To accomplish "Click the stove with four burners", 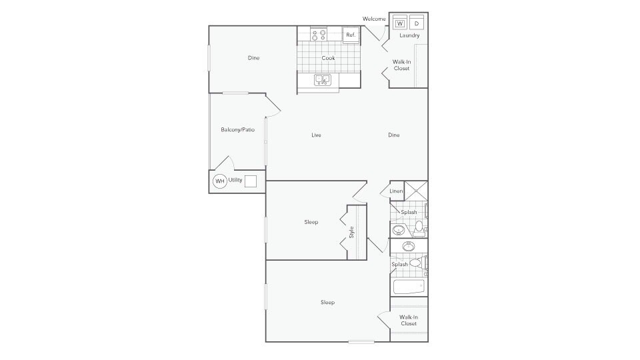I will click(319, 33).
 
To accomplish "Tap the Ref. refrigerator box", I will click(351, 35).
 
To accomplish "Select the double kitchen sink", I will click(323, 80).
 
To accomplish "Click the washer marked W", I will click(400, 23).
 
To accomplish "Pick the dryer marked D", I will click(417, 23).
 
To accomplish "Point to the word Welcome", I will click(374, 19).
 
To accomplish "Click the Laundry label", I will click(409, 35).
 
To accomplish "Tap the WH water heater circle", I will click(219, 181).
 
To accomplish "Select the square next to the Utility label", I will click(251, 181).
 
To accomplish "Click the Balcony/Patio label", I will click(237, 129).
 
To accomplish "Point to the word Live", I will click(316, 135).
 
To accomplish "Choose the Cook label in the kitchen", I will click(328, 58).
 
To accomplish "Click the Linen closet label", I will click(396, 191).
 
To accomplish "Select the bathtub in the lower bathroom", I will click(408, 287).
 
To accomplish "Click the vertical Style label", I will click(351, 233).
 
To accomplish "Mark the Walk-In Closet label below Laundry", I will click(401, 65).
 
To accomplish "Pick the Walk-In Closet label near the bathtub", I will click(408, 320).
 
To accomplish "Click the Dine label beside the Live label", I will click(393, 135).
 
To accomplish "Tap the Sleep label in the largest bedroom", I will click(327, 302).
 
